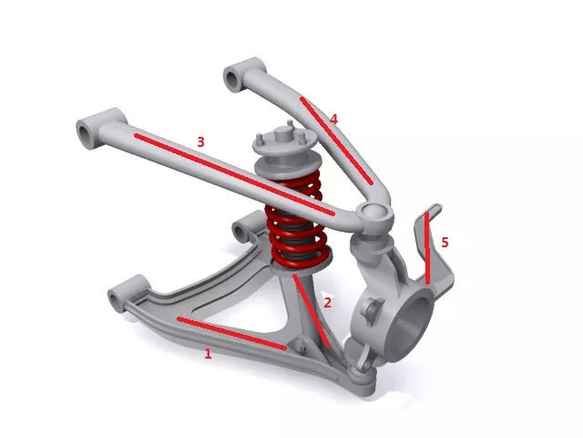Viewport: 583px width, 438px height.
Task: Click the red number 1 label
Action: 208,353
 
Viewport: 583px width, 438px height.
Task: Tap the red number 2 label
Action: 327,302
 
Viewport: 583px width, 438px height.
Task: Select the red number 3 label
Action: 200,142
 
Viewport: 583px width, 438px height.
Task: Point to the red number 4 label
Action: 333,120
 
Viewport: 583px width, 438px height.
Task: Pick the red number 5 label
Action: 445,243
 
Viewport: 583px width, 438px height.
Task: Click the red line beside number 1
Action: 232,333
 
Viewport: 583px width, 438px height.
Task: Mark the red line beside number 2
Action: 311,310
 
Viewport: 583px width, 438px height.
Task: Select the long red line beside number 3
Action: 234,174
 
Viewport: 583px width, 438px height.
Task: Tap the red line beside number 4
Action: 336,141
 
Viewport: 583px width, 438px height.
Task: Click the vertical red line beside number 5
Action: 427,248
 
